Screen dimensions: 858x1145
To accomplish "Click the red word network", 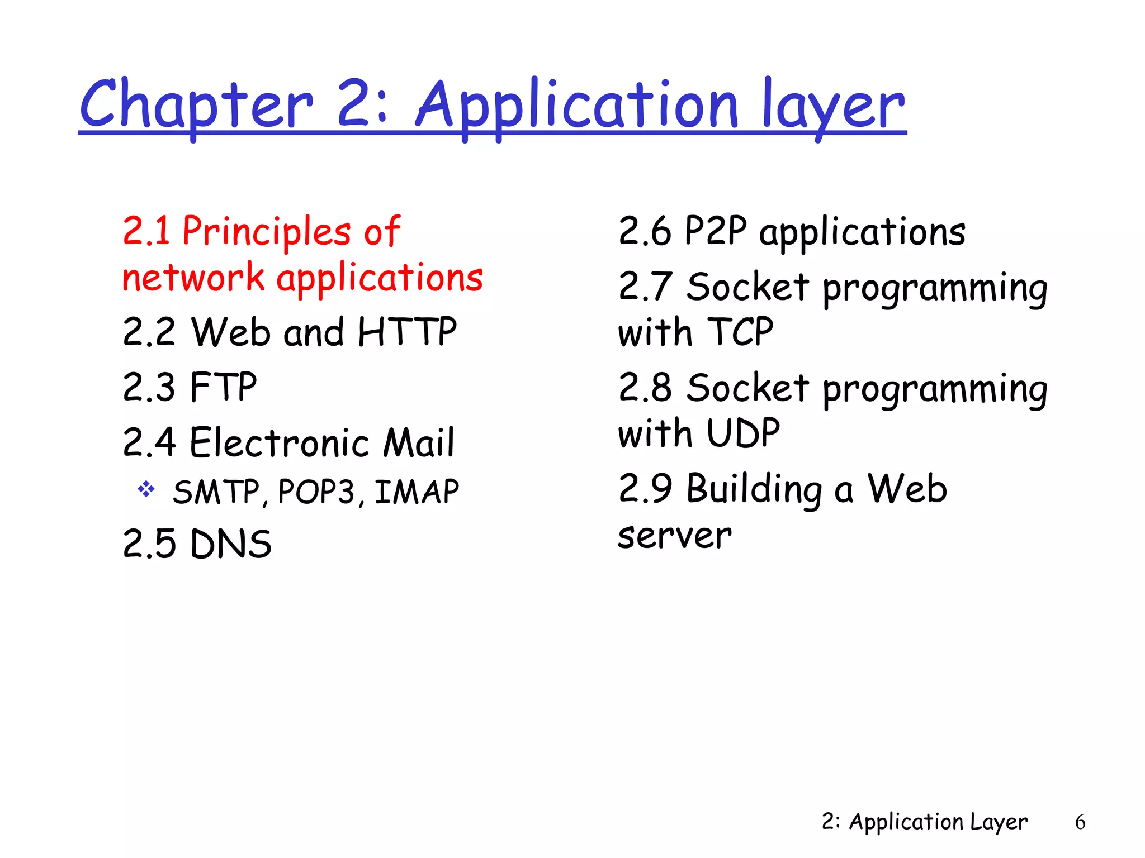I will coord(193,278).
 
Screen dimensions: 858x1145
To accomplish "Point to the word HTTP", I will coord(407,332).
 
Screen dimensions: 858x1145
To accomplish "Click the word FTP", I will coord(223,387).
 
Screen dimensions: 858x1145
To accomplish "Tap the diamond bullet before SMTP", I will coord(146,489).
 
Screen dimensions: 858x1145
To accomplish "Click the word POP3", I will coord(316,492).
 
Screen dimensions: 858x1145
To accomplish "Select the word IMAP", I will coord(417,492).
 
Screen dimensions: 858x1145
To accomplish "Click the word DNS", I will coord(230,544).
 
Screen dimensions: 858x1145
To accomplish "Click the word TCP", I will coord(740,332).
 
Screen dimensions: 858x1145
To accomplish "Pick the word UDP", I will coord(743,433).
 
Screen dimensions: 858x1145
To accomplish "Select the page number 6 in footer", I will coord(1080,822).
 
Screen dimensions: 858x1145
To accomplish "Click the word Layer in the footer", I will coord(999,822).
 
